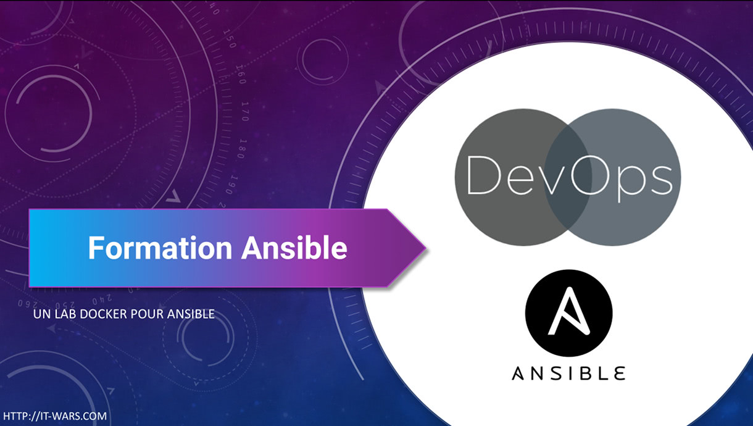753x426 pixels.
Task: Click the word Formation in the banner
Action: point(160,248)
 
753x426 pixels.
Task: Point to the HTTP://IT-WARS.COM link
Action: point(55,416)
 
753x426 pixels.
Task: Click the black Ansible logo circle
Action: point(569,313)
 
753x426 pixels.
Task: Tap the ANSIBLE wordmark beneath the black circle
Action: point(568,373)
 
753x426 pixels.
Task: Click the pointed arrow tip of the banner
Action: point(426,248)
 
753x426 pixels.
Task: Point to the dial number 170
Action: point(245,111)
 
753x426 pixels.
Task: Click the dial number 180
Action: point(242,149)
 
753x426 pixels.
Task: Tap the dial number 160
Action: point(241,74)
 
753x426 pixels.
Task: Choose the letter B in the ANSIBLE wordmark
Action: point(584,373)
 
